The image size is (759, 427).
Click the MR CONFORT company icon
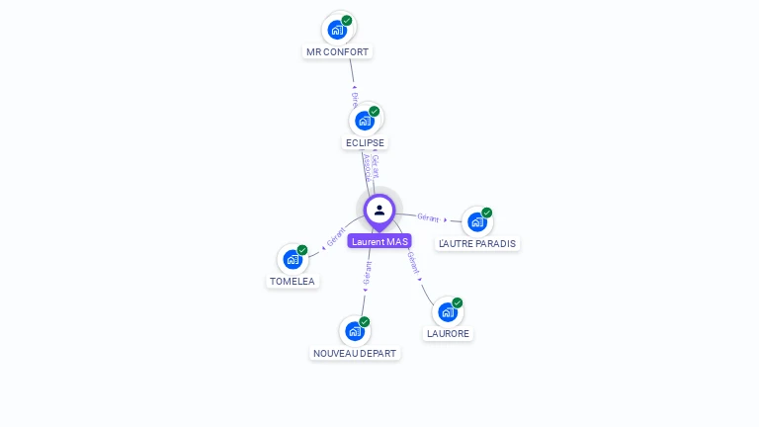click(337, 30)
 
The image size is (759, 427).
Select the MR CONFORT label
click(338, 51)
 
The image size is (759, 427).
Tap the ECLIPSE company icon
click(365, 121)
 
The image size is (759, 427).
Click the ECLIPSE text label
click(365, 142)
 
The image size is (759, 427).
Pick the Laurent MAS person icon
click(379, 210)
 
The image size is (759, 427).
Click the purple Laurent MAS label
click(379, 241)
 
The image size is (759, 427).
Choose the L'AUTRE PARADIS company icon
click(477, 221)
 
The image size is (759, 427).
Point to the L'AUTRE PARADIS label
click(477, 243)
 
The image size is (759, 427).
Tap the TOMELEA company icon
click(293, 259)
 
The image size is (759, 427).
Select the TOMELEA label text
click(293, 281)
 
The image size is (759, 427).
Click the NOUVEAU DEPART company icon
click(355, 331)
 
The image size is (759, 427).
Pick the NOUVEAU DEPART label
click(355, 353)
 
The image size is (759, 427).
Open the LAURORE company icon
click(448, 312)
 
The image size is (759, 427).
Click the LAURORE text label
click(448, 334)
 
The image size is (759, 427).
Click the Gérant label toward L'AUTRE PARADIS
click(428, 216)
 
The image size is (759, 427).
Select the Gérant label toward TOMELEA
click(335, 237)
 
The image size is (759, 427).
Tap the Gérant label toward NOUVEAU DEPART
click(367, 275)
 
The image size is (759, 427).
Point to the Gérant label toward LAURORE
click(413, 262)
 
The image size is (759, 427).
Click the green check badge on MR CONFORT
click(347, 20)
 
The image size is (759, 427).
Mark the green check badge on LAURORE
click(458, 302)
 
